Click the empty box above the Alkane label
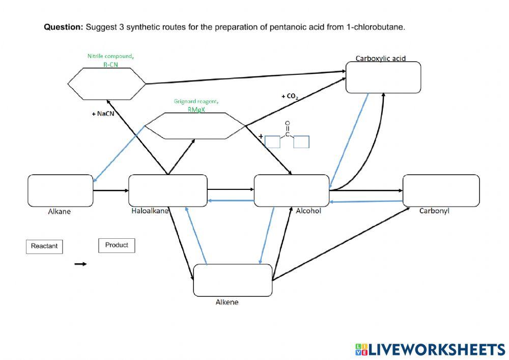pyautogui.click(x=61, y=190)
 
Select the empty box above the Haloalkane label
pyautogui.click(x=168, y=190)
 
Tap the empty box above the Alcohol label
pyautogui.click(x=292, y=190)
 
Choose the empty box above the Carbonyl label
pyautogui.click(x=441, y=190)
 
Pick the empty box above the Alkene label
pyautogui.click(x=233, y=280)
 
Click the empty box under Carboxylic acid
pyautogui.click(x=383, y=77)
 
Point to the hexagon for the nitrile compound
pyautogui.click(x=107, y=84)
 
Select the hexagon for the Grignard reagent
pyautogui.click(x=194, y=125)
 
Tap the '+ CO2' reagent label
pyautogui.click(x=289, y=96)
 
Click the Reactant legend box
pyautogui.click(x=44, y=246)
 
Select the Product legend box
pyautogui.click(x=117, y=245)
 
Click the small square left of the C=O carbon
pyautogui.click(x=272, y=142)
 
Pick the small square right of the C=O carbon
pyautogui.click(x=302, y=142)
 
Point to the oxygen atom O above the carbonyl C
pyautogui.click(x=288, y=123)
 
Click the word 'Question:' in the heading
pyautogui.click(x=63, y=27)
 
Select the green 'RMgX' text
pyautogui.click(x=196, y=109)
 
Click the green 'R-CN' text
pyautogui.click(x=110, y=64)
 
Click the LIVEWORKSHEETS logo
pyautogui.click(x=430, y=349)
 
